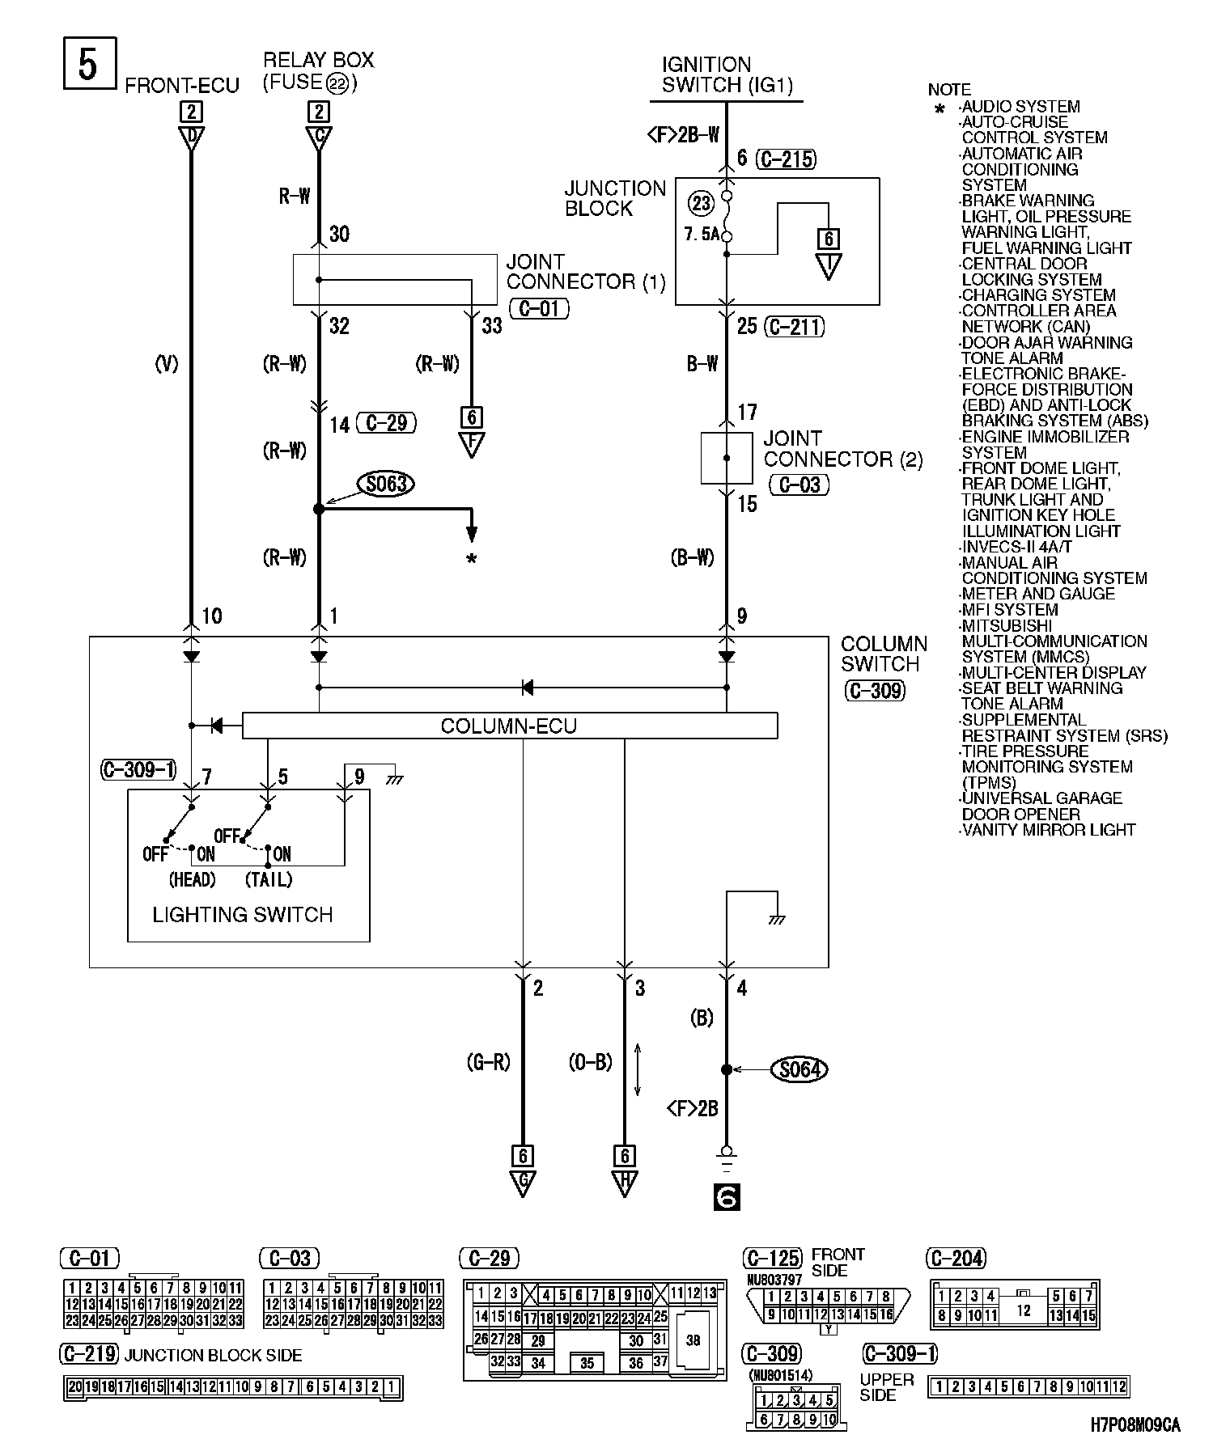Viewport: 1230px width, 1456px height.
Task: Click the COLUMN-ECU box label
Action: [509, 726]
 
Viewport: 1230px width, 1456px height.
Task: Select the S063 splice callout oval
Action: [385, 484]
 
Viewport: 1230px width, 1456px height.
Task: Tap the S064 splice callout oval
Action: [799, 1069]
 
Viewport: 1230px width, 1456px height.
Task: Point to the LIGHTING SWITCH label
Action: [243, 915]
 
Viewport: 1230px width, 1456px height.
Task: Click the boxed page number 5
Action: [87, 63]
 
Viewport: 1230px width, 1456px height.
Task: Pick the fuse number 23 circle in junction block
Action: [701, 202]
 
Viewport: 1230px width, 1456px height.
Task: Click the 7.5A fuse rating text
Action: [701, 235]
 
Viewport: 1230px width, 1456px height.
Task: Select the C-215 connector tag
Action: [787, 159]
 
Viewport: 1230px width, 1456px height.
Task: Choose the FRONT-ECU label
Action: [182, 86]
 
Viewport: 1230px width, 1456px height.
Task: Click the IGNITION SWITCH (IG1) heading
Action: [727, 74]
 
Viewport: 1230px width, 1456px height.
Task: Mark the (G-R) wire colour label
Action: [489, 1062]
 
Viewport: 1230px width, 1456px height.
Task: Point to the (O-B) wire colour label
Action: [590, 1062]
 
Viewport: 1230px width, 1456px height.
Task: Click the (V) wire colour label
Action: [166, 365]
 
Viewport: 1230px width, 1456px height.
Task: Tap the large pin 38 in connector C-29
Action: [693, 1340]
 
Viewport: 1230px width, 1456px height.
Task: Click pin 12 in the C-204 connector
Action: [1023, 1310]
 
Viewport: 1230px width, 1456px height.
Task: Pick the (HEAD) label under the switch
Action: [192, 879]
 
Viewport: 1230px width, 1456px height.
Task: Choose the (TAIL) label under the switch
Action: [268, 879]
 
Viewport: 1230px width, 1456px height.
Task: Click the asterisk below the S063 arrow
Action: [471, 560]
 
